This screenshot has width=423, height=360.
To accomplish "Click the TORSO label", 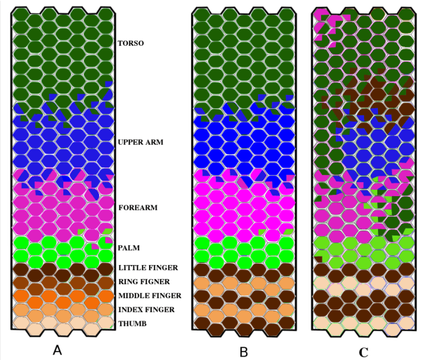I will pos(131,44).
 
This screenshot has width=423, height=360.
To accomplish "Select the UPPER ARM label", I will pos(141,142).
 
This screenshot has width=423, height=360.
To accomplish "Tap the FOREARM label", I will pos(137,208).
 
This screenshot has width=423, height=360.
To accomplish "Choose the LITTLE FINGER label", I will pos(148,268).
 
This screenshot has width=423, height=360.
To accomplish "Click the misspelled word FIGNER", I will pos(157,282).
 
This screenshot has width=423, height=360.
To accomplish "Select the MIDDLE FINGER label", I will pos(150,296).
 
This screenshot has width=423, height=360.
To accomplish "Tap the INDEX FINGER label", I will pos(147,310).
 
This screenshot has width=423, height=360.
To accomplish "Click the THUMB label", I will pos(131,323).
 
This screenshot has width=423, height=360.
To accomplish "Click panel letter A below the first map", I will pos(59,350).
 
